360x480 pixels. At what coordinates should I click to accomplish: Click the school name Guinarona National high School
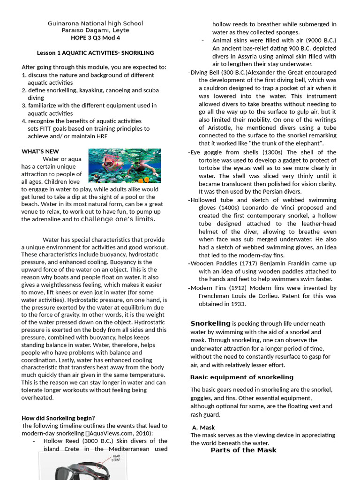pos(96,23)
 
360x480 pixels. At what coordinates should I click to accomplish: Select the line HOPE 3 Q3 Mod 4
pos(96,37)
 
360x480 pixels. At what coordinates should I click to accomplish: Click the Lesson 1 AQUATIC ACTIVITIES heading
pos(96,53)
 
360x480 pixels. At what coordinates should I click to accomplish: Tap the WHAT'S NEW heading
pos(40,151)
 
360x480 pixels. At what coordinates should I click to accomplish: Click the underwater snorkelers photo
pos(124,165)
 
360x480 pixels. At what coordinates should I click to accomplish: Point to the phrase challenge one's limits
pos(118,219)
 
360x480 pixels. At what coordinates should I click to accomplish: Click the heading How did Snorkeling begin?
pos(58,418)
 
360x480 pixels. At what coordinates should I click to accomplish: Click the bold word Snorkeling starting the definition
pos(210,323)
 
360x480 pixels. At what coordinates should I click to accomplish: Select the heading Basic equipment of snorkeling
pos(241,377)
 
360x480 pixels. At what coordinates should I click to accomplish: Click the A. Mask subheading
pos(203,427)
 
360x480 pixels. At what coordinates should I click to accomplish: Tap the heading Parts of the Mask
pos(243,450)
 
